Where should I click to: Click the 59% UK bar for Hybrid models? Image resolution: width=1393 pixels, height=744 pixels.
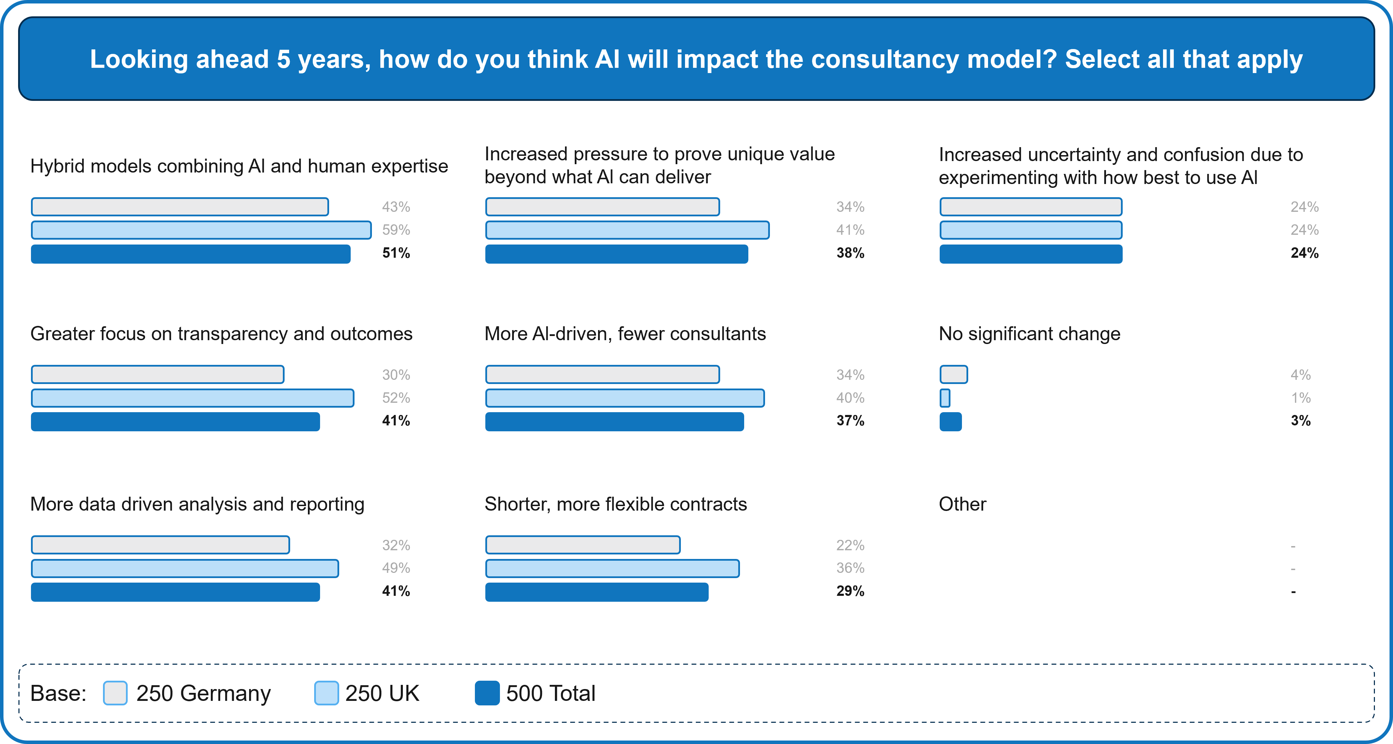click(201, 230)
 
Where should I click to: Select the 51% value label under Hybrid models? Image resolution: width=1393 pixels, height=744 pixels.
click(396, 253)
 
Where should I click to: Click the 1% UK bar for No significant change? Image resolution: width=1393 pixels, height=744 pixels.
click(945, 398)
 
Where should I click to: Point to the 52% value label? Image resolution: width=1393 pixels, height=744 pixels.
click(396, 398)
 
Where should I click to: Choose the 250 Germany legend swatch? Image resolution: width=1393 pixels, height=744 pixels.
click(115, 693)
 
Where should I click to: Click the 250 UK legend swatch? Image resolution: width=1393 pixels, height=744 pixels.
click(326, 693)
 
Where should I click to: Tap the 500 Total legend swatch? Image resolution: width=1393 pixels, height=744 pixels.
click(487, 693)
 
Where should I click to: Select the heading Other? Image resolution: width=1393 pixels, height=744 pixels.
click(962, 504)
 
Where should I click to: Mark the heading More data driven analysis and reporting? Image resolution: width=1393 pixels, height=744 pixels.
click(197, 504)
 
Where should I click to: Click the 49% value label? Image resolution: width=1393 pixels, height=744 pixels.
click(396, 568)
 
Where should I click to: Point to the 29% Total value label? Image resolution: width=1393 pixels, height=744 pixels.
click(850, 591)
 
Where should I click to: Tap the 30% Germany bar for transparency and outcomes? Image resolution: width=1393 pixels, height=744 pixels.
click(157, 374)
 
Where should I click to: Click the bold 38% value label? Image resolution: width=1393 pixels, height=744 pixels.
click(850, 253)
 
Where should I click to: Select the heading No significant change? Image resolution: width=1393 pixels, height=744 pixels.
click(1029, 334)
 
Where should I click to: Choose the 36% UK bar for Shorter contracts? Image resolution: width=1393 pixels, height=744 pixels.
click(612, 568)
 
